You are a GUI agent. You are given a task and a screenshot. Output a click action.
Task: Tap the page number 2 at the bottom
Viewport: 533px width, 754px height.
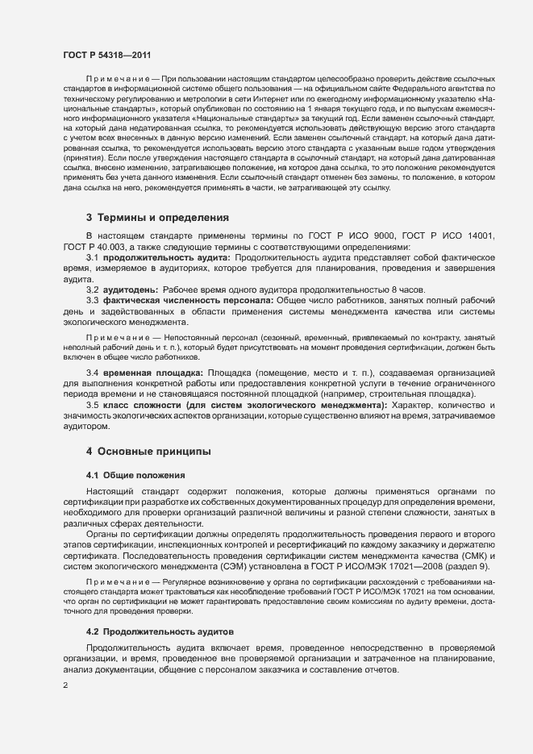pyautogui.click(x=65, y=686)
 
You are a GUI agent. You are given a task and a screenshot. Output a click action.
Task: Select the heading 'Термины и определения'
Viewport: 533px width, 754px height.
pyautogui.click(x=152, y=218)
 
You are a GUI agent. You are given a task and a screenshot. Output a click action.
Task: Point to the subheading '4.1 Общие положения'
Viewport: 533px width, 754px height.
pyautogui.click(x=135, y=474)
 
